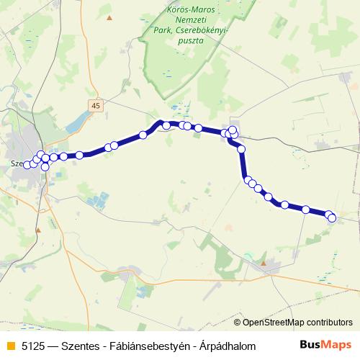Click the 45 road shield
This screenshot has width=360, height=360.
[x=96, y=106]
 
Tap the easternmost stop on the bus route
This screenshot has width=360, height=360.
[x=333, y=217]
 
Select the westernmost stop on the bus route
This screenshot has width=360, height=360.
[x=27, y=165]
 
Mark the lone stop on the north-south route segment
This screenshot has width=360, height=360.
[x=242, y=149]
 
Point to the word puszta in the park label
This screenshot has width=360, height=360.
[x=189, y=41]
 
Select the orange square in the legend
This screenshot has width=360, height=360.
[x=10, y=345]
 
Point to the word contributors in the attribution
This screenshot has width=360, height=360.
[x=329, y=323]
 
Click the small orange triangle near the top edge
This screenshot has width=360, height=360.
[x=109, y=17]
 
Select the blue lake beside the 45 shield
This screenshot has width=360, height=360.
[x=78, y=122]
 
